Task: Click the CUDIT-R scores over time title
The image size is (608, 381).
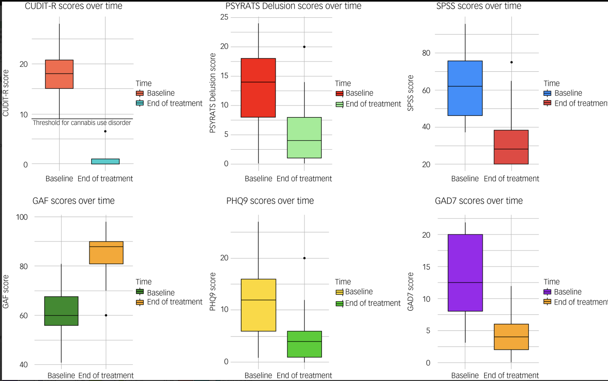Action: click(73, 6)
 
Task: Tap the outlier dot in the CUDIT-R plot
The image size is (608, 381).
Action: click(105, 131)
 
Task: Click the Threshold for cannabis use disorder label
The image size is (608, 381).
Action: click(82, 123)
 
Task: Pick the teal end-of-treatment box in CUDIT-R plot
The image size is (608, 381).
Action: click(105, 161)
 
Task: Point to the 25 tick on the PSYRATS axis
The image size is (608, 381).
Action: click(224, 17)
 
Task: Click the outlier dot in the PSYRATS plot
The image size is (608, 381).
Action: click(304, 47)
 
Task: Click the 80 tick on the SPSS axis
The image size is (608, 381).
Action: click(426, 53)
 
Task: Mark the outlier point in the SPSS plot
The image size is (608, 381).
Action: click(511, 62)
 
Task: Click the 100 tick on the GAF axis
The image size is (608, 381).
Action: click(22, 217)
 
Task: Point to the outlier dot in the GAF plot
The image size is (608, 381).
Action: click(106, 315)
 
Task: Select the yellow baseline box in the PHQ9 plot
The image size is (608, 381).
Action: click(258, 305)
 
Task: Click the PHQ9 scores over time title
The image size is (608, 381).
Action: click(270, 201)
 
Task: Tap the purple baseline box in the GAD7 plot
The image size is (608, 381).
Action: click(465, 273)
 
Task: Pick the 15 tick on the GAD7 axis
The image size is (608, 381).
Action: click(426, 267)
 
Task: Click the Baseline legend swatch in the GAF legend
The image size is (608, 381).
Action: click(140, 292)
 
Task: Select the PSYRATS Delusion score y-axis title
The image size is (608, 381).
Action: click(213, 93)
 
